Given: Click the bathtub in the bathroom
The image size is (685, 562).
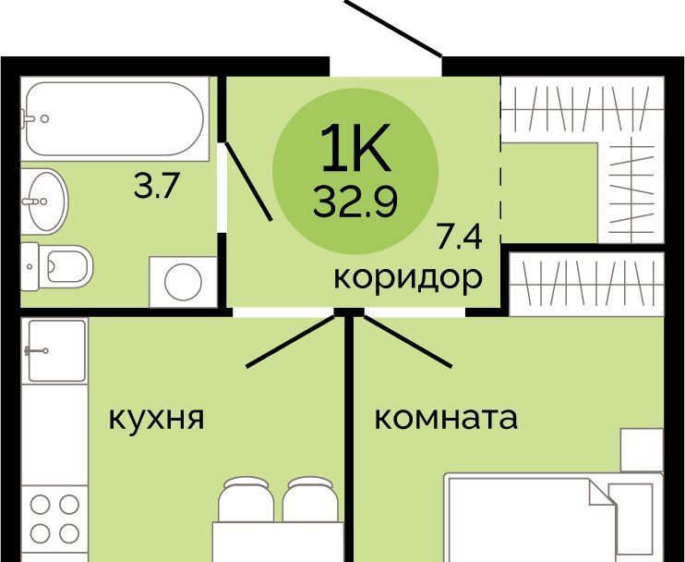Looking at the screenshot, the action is pos(114,119).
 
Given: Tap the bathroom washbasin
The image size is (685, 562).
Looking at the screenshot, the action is pos(44,201).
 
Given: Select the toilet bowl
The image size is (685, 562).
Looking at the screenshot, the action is pos(57,266).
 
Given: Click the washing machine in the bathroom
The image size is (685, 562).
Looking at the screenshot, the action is pos(183,281).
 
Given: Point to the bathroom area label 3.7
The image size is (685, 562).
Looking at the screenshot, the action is pos(157,188).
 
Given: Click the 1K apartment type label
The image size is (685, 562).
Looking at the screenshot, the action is pos(355,148).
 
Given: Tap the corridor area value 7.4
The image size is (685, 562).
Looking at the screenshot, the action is pos(459,238).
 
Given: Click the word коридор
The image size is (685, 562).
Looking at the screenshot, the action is pos(408,278).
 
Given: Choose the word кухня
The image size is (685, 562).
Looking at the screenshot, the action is pos(156,419).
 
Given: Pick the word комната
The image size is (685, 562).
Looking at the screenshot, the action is pos(446,418).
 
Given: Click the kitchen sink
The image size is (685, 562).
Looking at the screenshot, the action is pos(57,350).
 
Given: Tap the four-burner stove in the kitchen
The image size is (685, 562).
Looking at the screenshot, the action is pos(54,519).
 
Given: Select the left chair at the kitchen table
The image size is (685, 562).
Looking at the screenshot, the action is pos(246,498).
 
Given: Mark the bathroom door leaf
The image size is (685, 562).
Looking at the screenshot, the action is pos(248,180).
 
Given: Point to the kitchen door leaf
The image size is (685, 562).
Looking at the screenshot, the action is pos(290,341).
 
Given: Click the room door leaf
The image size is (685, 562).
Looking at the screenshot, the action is pos(408,341).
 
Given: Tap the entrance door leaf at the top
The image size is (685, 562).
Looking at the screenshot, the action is pos(393,29).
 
